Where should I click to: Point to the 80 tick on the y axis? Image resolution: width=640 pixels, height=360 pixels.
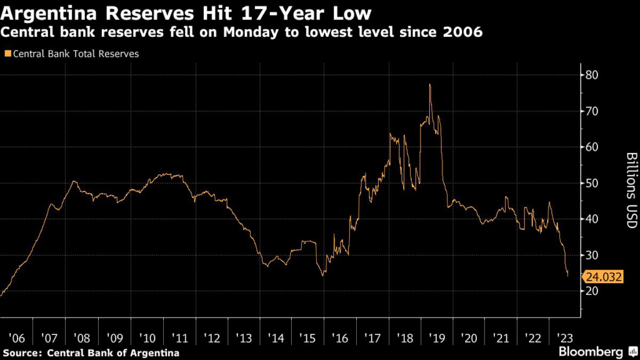pyautogui.click(x=591, y=75)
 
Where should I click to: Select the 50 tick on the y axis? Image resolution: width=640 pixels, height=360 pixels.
pyautogui.click(x=591, y=183)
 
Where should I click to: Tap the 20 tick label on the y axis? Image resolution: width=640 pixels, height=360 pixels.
pyautogui.click(x=591, y=291)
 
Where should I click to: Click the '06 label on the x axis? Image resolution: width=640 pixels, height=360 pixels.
pyautogui.click(x=16, y=338)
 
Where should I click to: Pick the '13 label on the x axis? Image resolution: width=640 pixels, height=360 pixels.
pyautogui.click(x=245, y=338)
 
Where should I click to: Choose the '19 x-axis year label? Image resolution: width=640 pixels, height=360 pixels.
pyautogui.click(x=437, y=338)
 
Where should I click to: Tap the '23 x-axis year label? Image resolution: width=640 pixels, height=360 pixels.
pyautogui.click(x=564, y=338)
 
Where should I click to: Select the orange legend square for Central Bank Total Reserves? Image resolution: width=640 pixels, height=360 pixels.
pyautogui.click(x=7, y=54)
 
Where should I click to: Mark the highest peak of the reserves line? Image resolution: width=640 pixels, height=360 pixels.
pyautogui.click(x=430, y=84)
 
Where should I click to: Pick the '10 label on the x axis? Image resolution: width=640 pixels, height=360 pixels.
pyautogui.click(x=148, y=338)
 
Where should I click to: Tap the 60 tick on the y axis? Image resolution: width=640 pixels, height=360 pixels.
pyautogui.click(x=591, y=147)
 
